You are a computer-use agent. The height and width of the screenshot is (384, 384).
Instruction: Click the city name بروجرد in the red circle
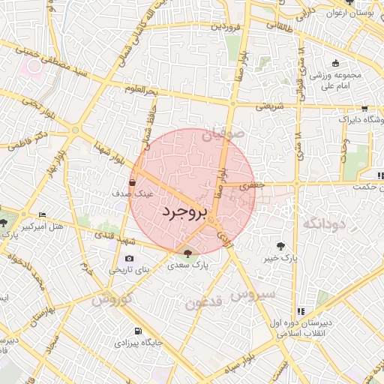click(183, 212)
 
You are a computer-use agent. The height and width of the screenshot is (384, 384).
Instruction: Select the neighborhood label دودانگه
click(323, 223)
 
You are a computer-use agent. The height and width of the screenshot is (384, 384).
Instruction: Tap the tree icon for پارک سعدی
click(187, 253)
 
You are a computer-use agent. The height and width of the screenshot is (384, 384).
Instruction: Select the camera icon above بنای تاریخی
click(130, 259)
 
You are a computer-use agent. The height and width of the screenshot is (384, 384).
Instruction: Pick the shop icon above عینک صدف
click(133, 181)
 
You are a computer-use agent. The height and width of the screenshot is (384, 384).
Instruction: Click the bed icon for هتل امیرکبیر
click(41, 214)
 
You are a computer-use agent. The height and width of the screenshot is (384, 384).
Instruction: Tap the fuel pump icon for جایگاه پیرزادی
click(136, 331)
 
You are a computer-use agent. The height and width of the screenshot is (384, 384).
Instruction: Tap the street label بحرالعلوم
click(141, 91)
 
